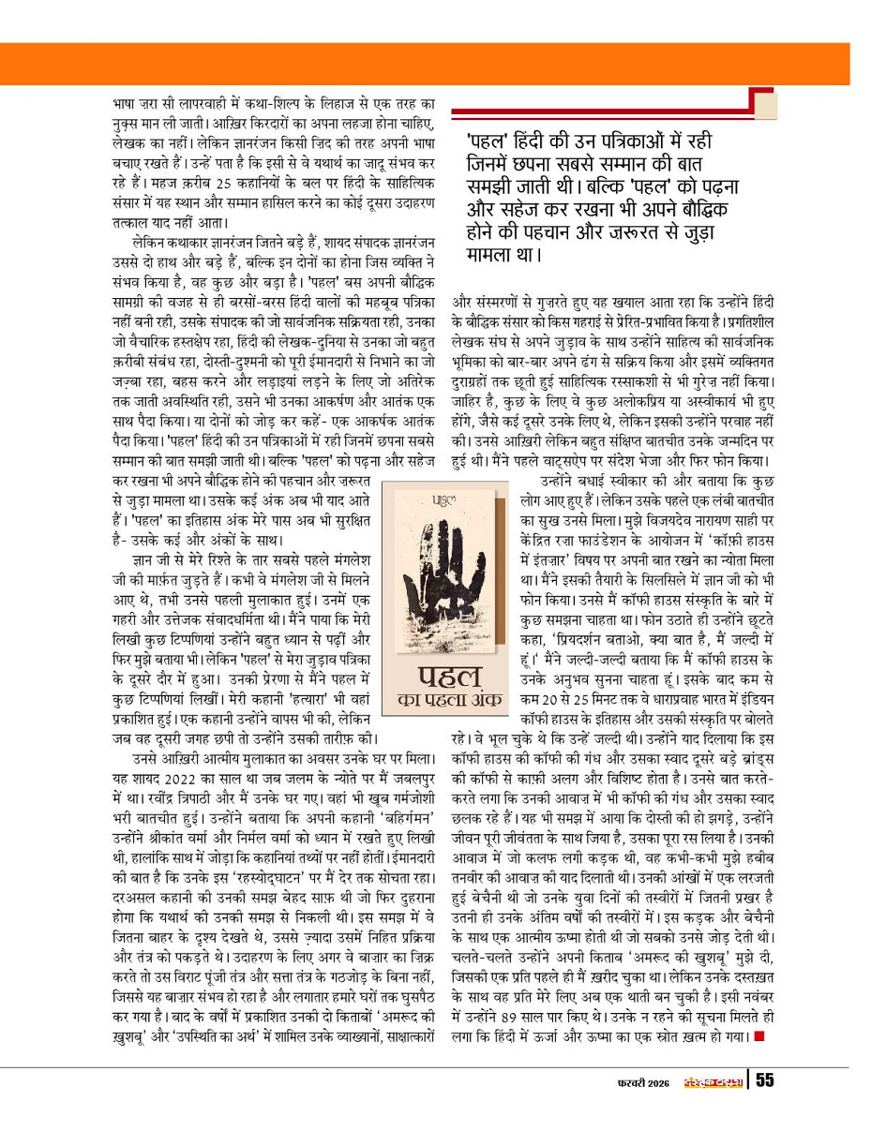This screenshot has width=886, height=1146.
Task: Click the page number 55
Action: pyautogui.click(x=764, y=1080)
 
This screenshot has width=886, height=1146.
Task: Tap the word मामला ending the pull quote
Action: pyautogui.click(x=495, y=254)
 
